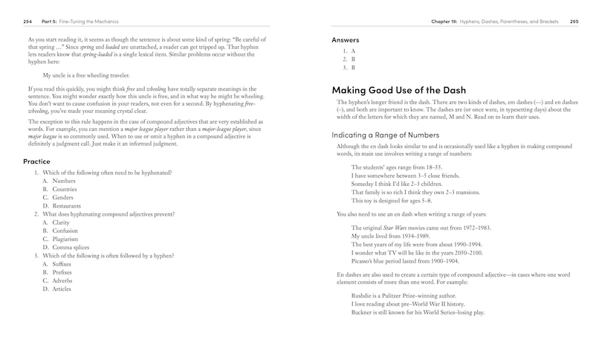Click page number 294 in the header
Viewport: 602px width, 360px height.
[x=27, y=22]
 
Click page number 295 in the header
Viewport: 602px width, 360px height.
[x=574, y=22]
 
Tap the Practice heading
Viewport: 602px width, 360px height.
[x=36, y=161]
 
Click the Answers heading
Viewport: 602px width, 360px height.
[x=346, y=39]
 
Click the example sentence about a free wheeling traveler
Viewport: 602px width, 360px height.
[x=86, y=75]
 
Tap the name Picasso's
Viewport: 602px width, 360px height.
[x=365, y=261]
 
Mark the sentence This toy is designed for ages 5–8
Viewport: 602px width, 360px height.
[x=391, y=201]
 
